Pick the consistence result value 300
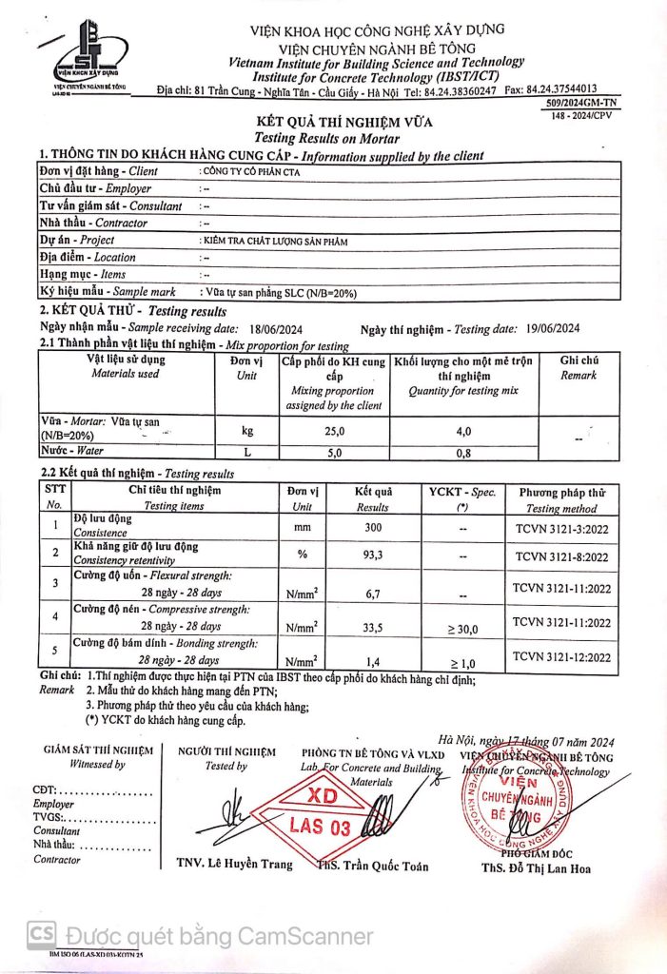pos(373,527)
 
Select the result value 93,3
pos(373,555)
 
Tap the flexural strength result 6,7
pos(373,594)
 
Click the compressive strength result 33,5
pos(373,627)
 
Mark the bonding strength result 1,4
pos(373,659)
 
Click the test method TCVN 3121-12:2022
pos(563,655)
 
